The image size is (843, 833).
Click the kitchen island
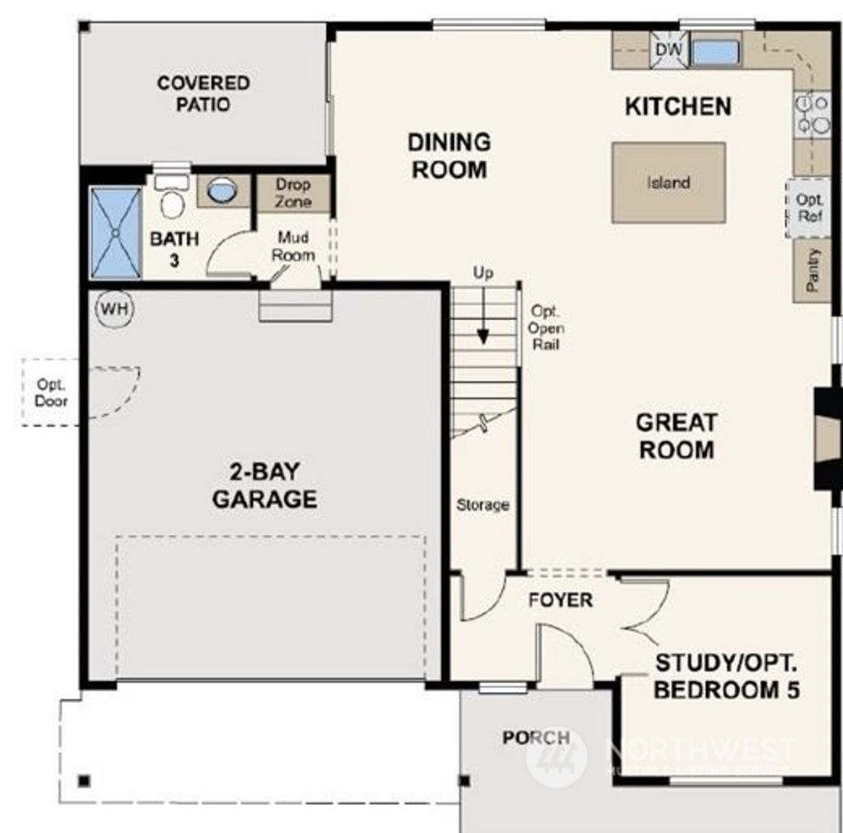coord(668,183)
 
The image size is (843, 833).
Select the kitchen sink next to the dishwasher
coord(715,52)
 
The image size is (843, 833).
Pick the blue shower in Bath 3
coord(115,233)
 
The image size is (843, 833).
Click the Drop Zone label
coord(293,193)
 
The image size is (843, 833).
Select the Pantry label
coord(813,271)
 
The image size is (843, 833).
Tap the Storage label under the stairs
coord(483,505)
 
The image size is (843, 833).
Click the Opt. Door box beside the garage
coord(51,393)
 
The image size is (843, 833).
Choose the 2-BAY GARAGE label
coord(264,486)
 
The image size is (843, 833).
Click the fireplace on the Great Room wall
coord(826,440)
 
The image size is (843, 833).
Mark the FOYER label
coord(560,600)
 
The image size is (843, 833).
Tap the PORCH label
coord(536,738)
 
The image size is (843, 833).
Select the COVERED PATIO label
coord(203,94)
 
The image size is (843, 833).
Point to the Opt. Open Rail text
coord(547,328)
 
